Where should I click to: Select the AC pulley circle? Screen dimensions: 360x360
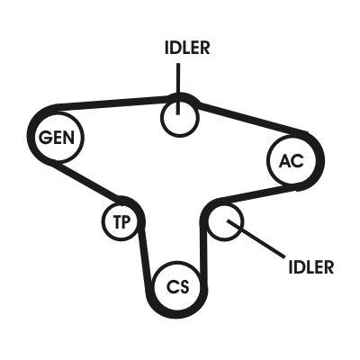point(292,161)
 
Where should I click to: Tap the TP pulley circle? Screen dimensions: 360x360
point(119,221)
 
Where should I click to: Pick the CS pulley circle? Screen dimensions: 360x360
point(178,287)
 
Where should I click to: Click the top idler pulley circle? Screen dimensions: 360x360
point(179,118)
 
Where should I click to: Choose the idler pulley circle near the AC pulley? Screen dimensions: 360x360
point(225,221)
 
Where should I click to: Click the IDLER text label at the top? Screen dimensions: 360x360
point(187,48)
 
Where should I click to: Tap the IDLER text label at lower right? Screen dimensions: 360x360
point(310,266)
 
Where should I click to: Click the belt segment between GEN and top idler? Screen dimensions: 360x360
point(117,103)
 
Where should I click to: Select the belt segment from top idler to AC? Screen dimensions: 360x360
point(247,117)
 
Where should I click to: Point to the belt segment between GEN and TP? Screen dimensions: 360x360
point(97,181)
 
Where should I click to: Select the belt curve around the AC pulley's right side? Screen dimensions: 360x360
point(317,162)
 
